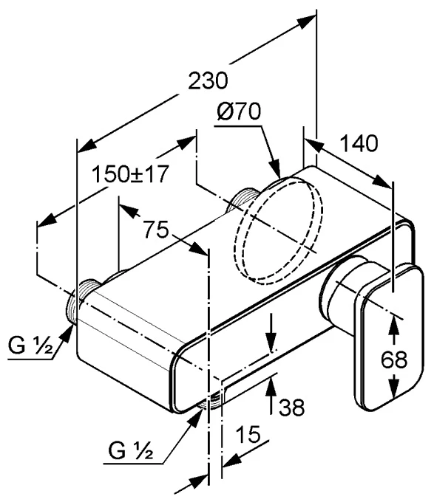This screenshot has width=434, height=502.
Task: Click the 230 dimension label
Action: click(208, 81)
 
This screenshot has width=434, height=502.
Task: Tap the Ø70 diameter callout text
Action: click(239, 111)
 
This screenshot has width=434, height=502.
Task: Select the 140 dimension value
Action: click(359, 143)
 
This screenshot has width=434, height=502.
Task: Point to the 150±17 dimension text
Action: click(130, 174)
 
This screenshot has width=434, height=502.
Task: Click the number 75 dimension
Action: click(155, 230)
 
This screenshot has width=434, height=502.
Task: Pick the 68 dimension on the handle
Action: click(394, 360)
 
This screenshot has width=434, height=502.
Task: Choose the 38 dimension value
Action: click(292, 408)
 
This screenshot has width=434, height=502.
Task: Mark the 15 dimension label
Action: click(248, 435)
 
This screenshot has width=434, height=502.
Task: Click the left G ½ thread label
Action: click(30, 345)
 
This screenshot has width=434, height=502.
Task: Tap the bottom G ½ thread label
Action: click(130, 450)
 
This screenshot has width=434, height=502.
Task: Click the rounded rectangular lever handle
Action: click(388, 337)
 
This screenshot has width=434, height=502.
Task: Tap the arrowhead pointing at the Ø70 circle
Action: click(275, 169)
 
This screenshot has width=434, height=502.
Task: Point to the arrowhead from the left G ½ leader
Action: click(67, 334)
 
